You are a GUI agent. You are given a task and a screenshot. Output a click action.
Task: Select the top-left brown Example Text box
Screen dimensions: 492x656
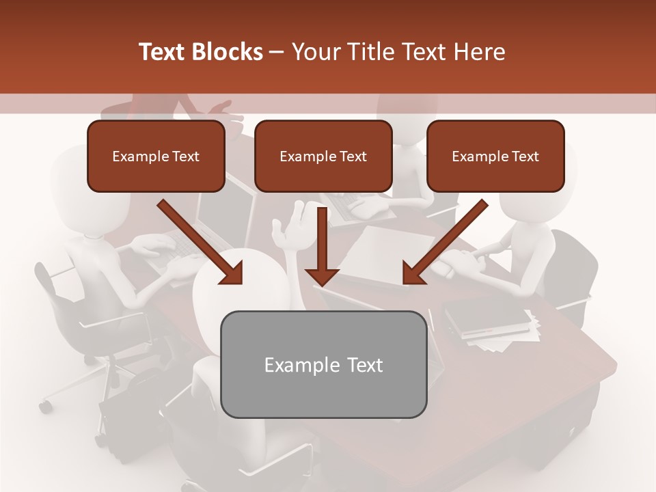pyautogui.click(x=156, y=156)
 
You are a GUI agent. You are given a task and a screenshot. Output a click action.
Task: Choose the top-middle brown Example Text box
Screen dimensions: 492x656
pyautogui.click(x=323, y=156)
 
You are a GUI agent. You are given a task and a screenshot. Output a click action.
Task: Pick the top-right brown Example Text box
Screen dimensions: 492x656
pyautogui.click(x=495, y=156)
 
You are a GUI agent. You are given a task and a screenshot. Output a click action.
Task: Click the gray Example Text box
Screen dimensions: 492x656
pyautogui.click(x=324, y=364)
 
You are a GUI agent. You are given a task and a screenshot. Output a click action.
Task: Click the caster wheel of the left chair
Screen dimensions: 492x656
pyautogui.click(x=45, y=407)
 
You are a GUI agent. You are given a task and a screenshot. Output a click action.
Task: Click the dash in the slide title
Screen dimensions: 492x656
pyautogui.click(x=277, y=52)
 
